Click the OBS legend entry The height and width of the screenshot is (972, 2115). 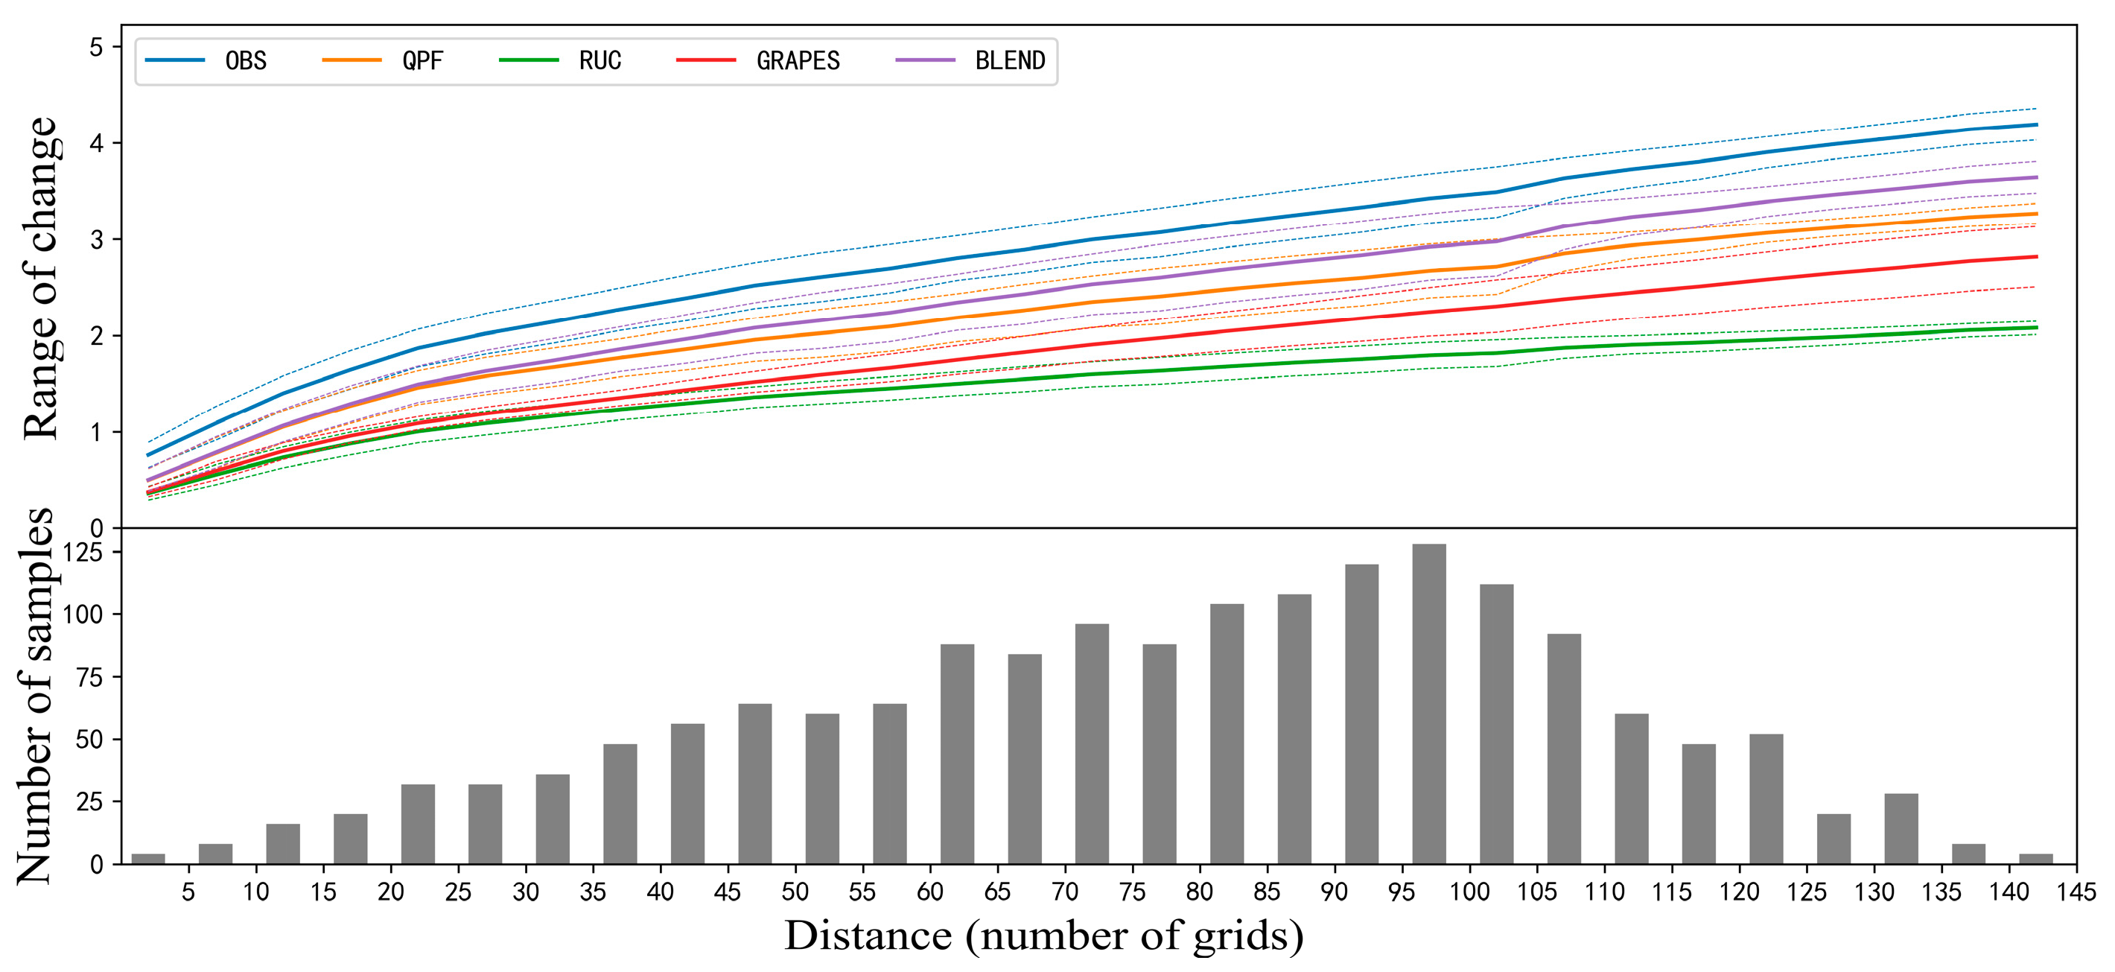246,61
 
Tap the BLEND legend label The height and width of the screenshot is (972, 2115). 1010,61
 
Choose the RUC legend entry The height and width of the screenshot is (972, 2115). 599,61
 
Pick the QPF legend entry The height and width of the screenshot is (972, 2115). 422,61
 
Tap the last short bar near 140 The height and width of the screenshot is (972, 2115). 2035,859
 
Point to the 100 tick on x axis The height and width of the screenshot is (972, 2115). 1469,892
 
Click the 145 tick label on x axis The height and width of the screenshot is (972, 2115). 2076,892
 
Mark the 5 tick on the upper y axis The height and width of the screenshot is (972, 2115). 97,48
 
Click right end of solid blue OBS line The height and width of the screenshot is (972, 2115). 2035,125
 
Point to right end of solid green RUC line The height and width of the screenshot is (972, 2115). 2035,328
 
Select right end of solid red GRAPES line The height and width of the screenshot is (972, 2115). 2035,257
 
